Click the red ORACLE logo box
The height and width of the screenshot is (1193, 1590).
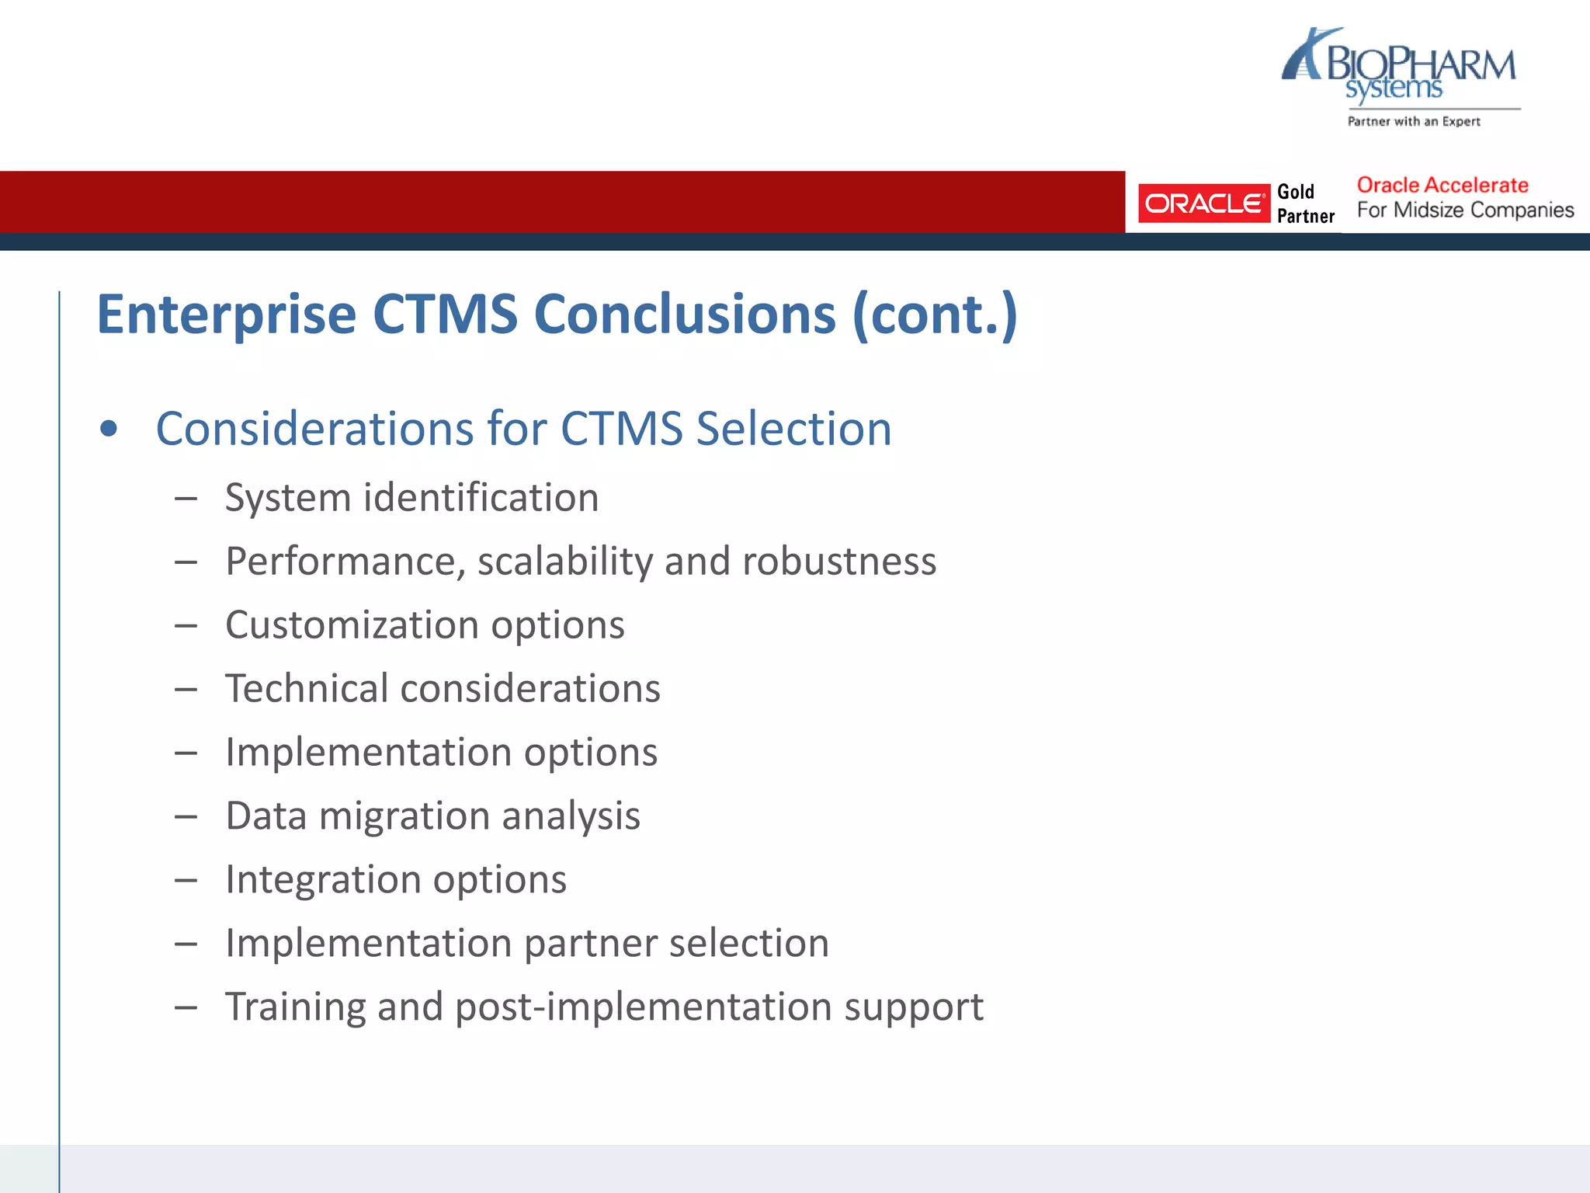tap(1203, 203)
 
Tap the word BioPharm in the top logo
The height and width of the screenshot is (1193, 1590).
tap(1420, 65)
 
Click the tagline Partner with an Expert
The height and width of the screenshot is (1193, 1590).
tap(1414, 121)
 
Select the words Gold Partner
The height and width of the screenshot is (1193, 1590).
tap(1305, 203)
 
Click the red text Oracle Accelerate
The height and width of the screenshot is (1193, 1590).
tap(1442, 186)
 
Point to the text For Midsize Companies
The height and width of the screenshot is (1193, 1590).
tap(1465, 210)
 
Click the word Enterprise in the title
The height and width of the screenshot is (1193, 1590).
tap(226, 315)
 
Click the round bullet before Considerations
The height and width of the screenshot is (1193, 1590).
tap(109, 429)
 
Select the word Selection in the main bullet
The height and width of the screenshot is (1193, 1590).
tap(793, 429)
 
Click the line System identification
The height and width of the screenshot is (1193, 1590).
tap(411, 498)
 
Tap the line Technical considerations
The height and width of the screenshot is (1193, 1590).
tap(443, 689)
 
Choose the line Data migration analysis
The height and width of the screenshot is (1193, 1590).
tap(432, 816)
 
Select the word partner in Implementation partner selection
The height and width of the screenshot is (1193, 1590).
tap(590, 944)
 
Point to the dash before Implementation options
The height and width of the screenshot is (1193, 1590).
tap(186, 753)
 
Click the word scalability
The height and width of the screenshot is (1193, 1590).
tap(565, 562)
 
